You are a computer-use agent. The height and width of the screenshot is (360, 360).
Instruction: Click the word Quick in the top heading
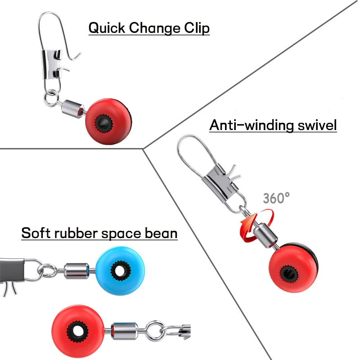[107, 28]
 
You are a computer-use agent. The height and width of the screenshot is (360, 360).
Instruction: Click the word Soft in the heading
[36, 234]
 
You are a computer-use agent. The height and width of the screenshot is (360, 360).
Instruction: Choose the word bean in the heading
[162, 234]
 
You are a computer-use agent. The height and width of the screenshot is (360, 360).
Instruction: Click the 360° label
[276, 198]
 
